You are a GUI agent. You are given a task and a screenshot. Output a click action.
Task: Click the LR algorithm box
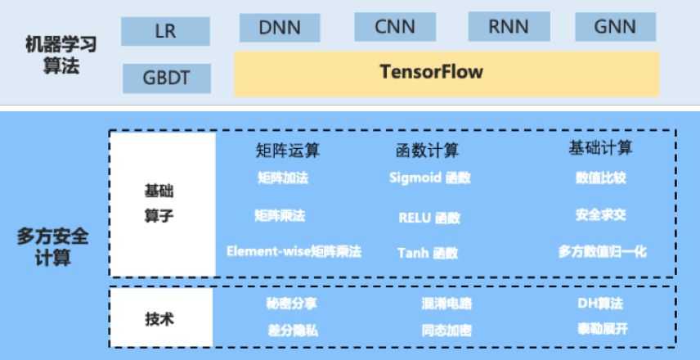tap(165, 31)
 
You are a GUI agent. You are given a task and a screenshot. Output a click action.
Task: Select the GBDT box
tap(167, 79)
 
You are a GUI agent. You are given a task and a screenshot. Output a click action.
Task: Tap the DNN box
tap(280, 28)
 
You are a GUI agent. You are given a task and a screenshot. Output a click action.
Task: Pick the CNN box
tap(395, 27)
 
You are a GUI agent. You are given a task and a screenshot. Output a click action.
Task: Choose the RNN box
tap(509, 27)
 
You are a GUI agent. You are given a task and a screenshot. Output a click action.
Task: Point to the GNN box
tap(615, 27)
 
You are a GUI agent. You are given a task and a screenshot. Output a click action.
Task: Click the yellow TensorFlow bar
tap(446, 74)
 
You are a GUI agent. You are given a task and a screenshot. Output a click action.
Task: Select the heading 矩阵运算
tap(288, 151)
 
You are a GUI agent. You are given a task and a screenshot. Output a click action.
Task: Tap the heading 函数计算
tap(427, 151)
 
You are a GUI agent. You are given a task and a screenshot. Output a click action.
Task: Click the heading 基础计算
tap(600, 148)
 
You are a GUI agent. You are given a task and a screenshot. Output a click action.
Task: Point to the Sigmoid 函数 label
tap(430, 178)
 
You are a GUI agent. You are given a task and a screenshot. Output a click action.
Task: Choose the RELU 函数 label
tap(429, 218)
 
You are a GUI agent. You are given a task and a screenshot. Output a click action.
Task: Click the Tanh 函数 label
tap(428, 254)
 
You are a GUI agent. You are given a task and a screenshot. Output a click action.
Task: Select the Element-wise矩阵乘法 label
tap(294, 251)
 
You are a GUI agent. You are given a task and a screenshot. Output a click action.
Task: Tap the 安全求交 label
tap(600, 215)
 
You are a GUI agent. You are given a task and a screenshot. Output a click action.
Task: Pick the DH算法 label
tap(600, 304)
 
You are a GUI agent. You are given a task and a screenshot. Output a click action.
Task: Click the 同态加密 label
tap(446, 331)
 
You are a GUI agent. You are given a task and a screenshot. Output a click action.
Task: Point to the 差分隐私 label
tap(293, 331)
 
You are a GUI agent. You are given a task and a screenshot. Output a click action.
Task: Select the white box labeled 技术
tap(161, 317)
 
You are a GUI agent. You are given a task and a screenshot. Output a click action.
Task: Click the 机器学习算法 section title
tap(61, 56)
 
